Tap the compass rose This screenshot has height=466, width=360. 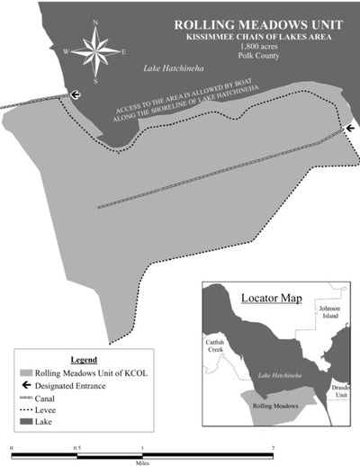point(94,52)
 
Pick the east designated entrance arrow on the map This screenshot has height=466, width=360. point(349,129)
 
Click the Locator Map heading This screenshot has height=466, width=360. point(271,297)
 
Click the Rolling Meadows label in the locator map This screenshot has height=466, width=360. point(274,407)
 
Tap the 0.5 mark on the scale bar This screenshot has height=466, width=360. point(76,447)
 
